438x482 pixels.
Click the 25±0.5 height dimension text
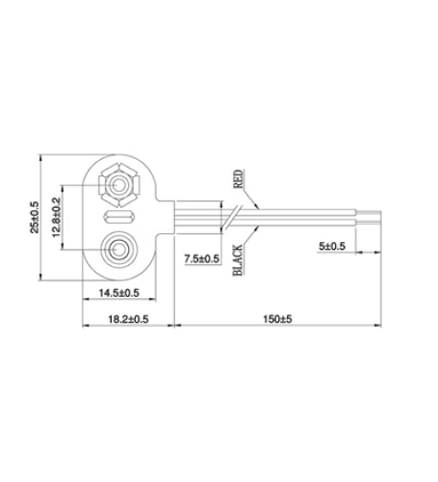coord(35,217)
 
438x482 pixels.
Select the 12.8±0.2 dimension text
coord(57,217)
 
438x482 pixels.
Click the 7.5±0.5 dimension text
coord(200,258)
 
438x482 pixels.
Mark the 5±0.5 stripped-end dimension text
coord(330,247)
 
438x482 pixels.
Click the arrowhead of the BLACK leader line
coord(259,228)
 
